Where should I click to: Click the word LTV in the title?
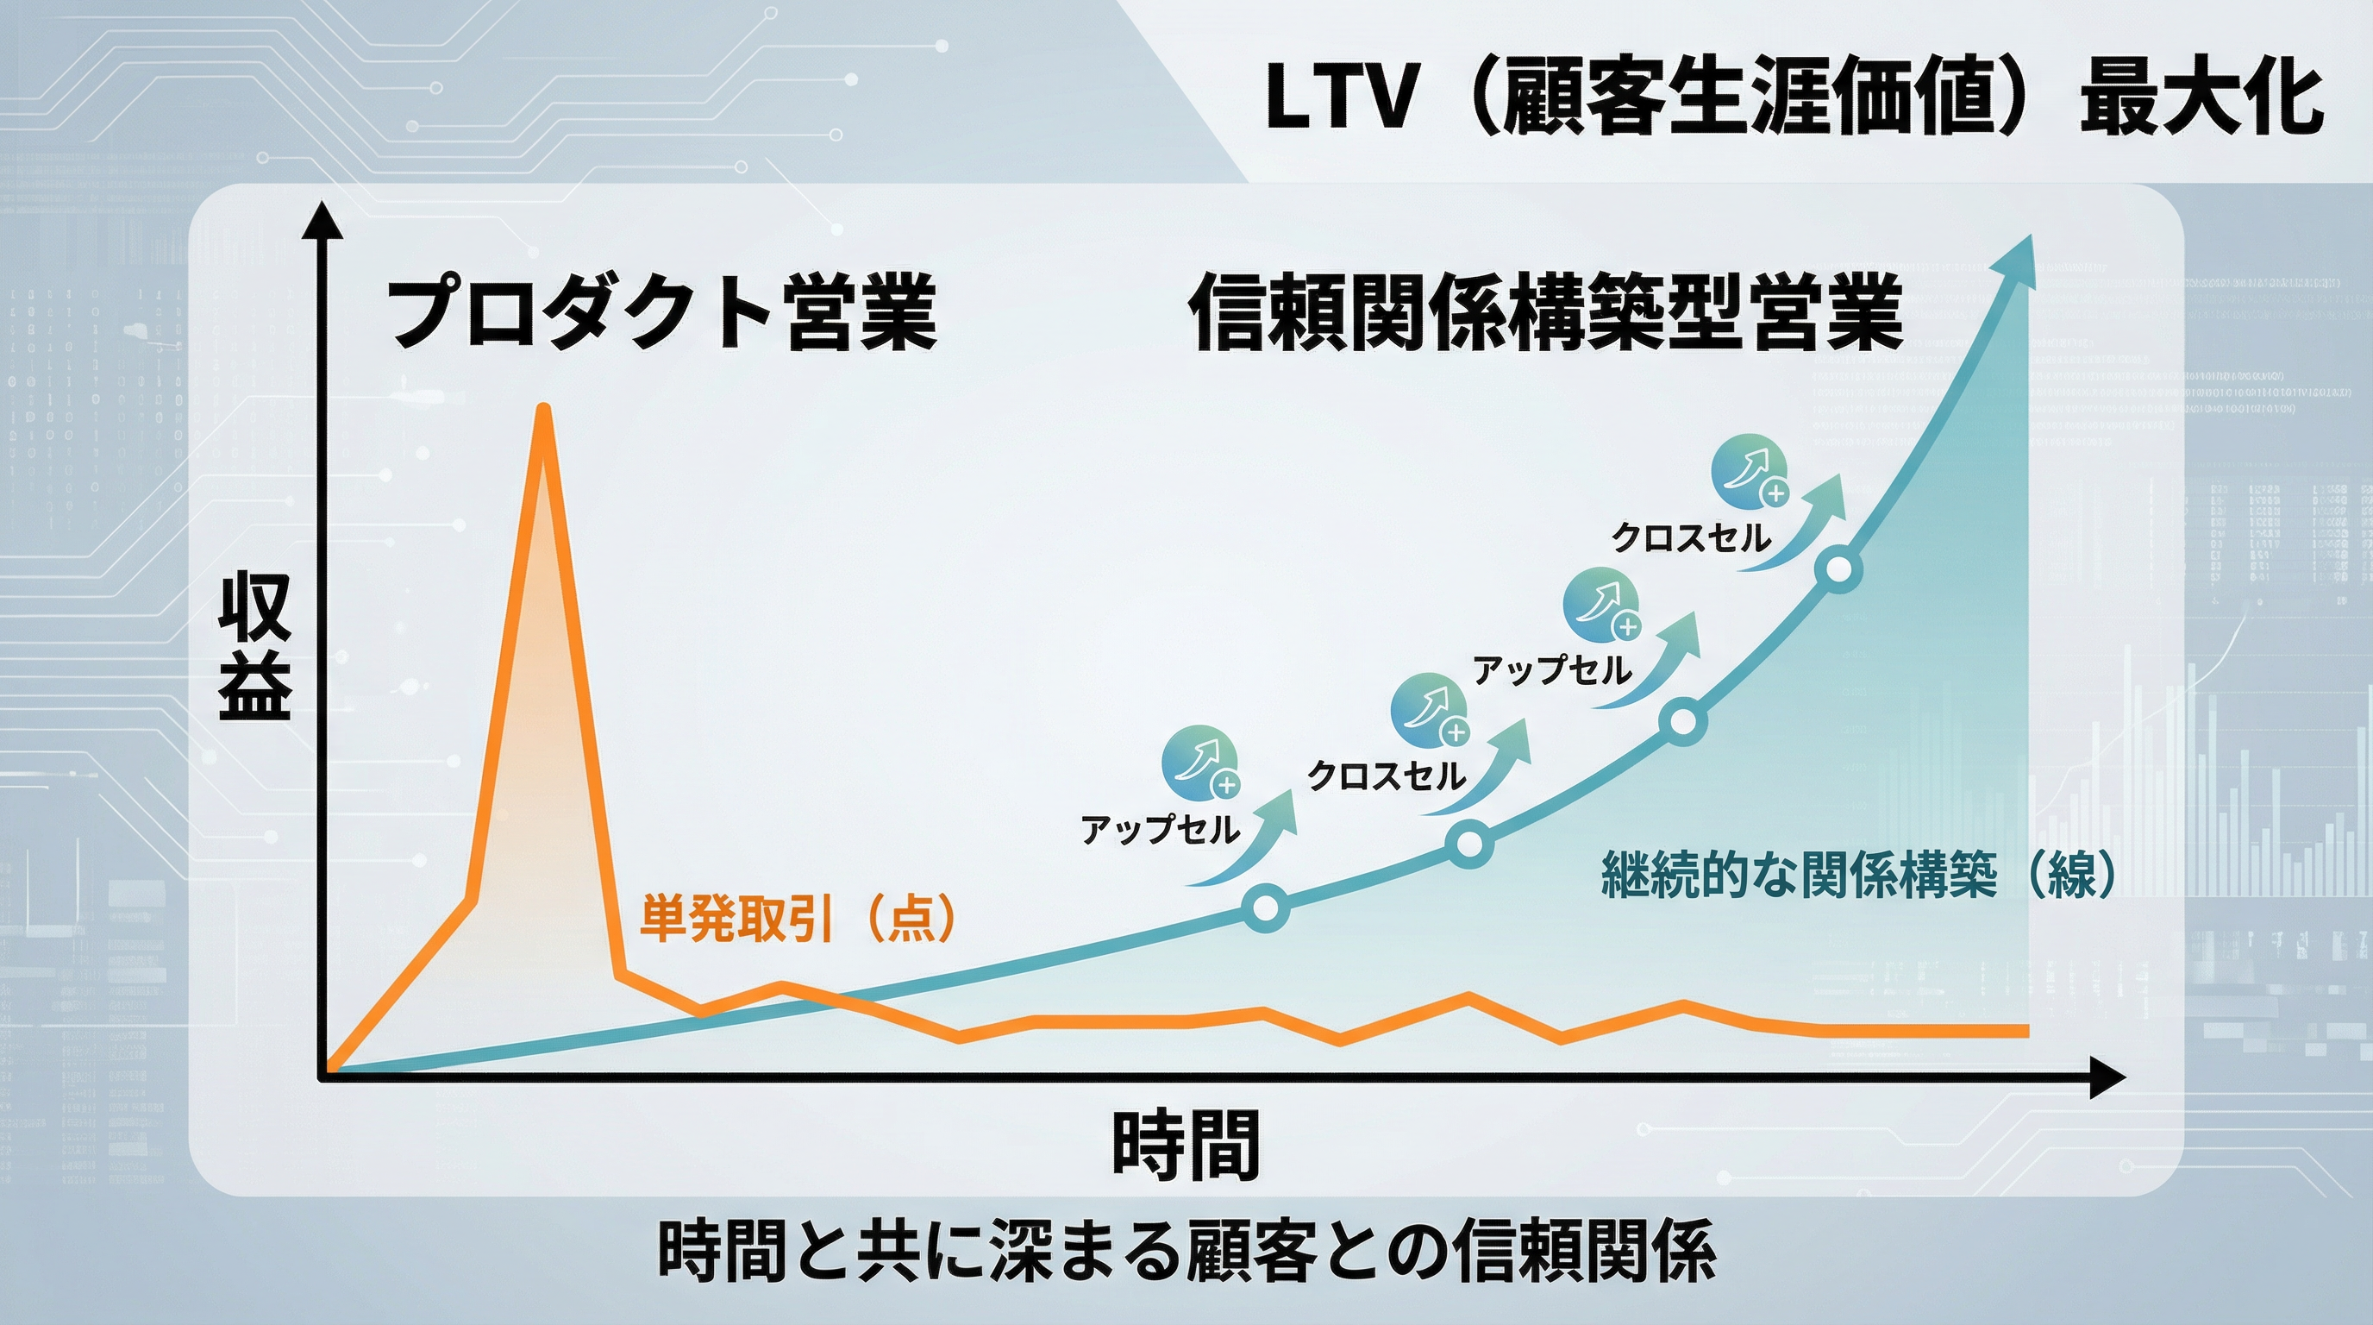click(1339, 98)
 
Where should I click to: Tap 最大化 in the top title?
click(2201, 98)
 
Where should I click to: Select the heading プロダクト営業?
click(661, 311)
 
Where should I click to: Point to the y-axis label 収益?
click(255, 645)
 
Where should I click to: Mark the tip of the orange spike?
click(544, 410)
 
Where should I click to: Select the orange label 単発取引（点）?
click(798, 918)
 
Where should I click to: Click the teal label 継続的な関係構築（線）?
click(1859, 874)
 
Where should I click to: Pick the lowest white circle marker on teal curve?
click(1266, 907)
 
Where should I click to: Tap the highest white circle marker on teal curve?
click(1838, 570)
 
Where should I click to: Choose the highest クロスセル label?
click(1690, 537)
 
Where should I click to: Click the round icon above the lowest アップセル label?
click(1199, 763)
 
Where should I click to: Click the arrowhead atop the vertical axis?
click(322, 220)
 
